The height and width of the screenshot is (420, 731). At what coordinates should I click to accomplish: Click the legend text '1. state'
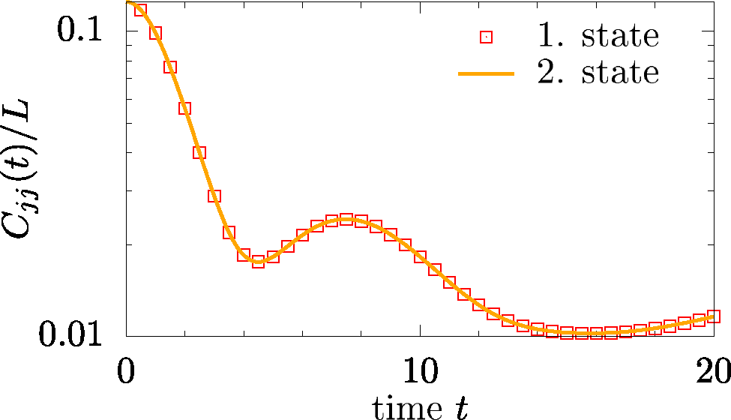(597, 36)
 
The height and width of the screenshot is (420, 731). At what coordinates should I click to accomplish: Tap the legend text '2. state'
(597, 73)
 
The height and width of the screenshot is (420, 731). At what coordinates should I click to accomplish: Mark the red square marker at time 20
(713, 316)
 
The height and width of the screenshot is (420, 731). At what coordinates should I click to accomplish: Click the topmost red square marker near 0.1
(140, 10)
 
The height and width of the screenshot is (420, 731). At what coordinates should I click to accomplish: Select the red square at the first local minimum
(258, 262)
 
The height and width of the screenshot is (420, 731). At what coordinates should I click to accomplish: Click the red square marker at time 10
(420, 256)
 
